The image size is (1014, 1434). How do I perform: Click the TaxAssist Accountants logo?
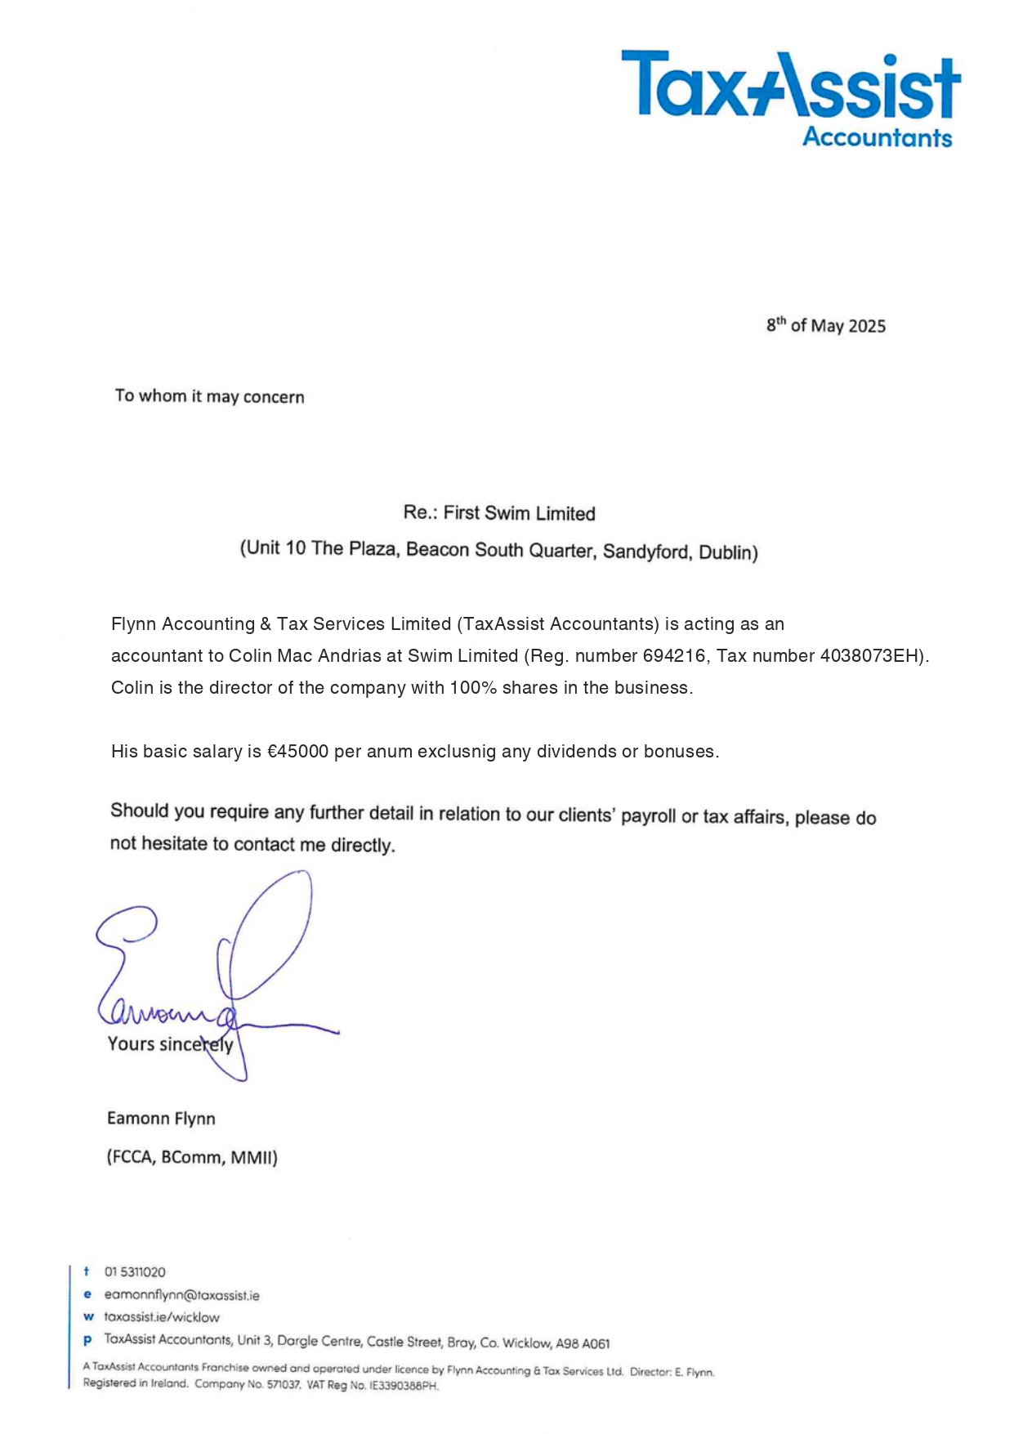(x=790, y=98)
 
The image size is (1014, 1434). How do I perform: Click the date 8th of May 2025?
(x=825, y=325)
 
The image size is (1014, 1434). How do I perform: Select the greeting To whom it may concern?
(x=209, y=396)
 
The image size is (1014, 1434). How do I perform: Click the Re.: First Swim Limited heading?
(x=498, y=513)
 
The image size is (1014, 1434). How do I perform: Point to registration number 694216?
(x=673, y=655)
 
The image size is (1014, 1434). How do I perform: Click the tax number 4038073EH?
(x=870, y=655)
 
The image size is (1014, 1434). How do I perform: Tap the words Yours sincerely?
(x=170, y=1044)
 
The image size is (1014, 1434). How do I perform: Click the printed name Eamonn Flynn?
(x=161, y=1119)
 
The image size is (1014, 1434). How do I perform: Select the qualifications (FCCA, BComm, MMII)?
(x=192, y=1157)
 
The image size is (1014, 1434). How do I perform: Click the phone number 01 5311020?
(x=135, y=1272)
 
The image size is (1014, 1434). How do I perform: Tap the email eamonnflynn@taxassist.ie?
(x=181, y=1295)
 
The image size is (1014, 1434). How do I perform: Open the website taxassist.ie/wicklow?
(x=162, y=1317)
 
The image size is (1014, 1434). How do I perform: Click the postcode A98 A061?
(x=583, y=1343)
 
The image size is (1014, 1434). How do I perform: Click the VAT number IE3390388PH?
(x=404, y=1385)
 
